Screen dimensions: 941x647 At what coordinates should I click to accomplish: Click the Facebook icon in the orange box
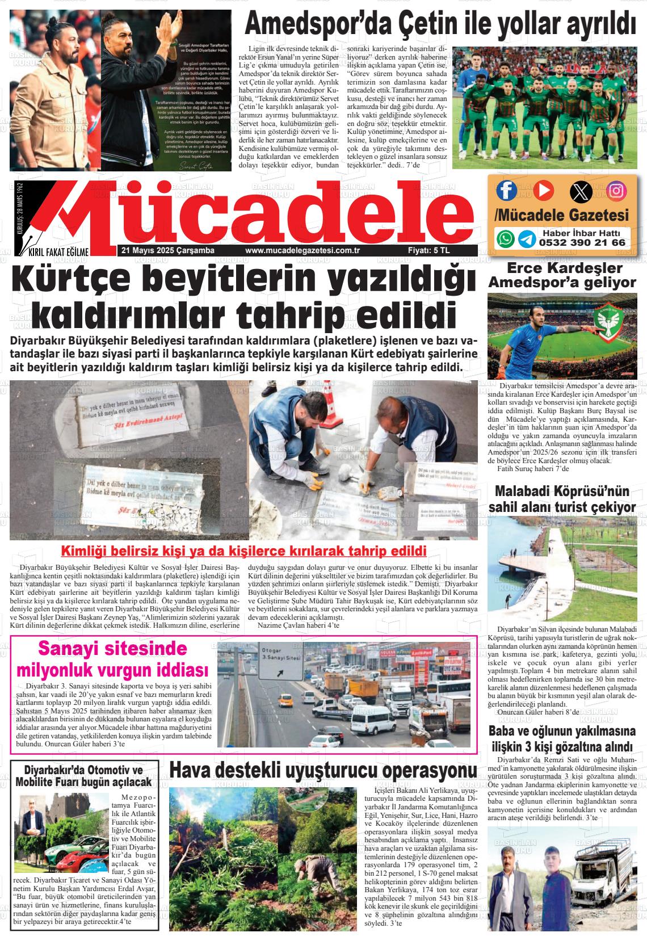click(506, 190)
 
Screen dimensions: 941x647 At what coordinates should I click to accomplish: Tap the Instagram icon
click(616, 191)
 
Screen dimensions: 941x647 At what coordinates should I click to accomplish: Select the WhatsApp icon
click(505, 238)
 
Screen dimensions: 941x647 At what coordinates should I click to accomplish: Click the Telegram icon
click(526, 238)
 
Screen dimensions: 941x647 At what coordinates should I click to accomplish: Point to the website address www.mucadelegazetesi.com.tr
click(303, 250)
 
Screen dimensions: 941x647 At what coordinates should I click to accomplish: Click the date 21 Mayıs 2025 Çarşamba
click(159, 250)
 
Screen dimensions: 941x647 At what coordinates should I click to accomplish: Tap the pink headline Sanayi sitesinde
click(112, 648)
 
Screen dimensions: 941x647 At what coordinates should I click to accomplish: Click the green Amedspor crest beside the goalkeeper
click(609, 323)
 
